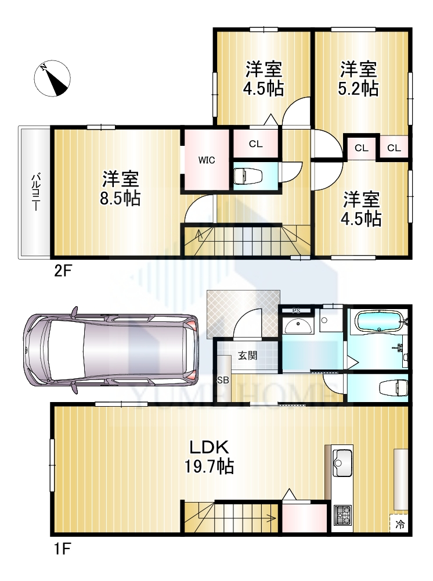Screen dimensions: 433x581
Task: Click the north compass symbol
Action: point(52,78)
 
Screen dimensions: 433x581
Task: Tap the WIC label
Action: point(207,160)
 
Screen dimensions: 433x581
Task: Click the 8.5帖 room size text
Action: point(120,198)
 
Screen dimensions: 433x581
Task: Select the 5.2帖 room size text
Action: point(358,89)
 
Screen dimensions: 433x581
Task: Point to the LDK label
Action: point(210,447)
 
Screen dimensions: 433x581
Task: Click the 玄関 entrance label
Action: point(247,356)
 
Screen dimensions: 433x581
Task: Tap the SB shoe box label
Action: point(223,380)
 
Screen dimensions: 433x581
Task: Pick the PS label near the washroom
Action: point(297,311)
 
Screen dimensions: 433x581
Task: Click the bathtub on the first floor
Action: point(379,322)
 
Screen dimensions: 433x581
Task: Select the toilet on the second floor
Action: point(248,175)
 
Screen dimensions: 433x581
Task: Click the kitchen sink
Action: point(342,462)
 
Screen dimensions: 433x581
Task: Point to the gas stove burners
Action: point(342,515)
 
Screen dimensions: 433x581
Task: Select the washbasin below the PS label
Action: point(298,325)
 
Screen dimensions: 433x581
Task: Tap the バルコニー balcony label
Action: point(35,192)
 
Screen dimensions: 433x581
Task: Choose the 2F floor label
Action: point(62,271)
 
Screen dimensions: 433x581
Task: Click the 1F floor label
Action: point(62,549)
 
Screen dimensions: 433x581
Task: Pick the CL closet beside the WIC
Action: point(256,144)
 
